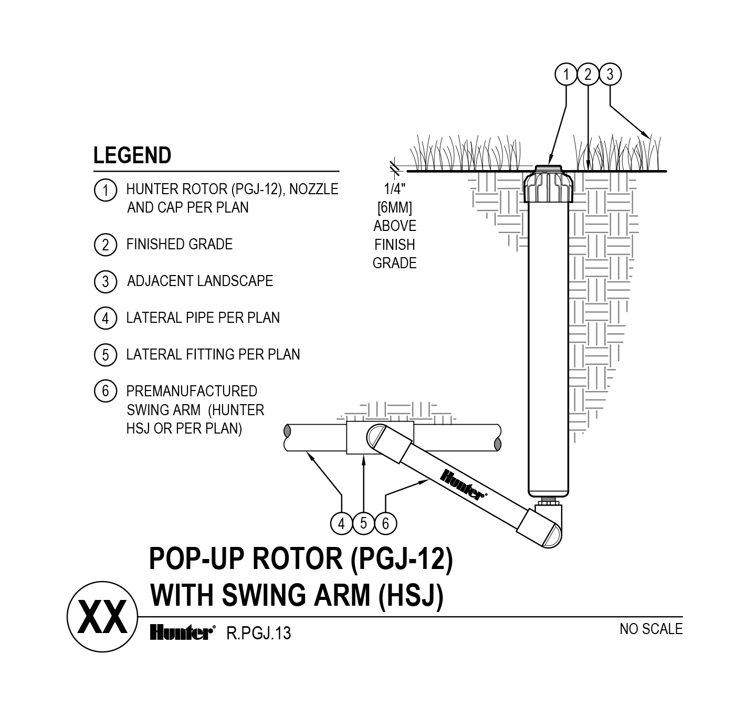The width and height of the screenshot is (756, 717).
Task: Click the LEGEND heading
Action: click(x=132, y=155)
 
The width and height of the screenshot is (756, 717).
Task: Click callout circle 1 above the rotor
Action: click(x=565, y=75)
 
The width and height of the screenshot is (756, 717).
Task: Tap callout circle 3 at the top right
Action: click(x=610, y=75)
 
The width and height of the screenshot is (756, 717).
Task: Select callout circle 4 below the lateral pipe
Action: click(x=342, y=523)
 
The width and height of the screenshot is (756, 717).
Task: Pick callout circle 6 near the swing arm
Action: click(x=385, y=523)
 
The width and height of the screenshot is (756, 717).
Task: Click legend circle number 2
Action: click(x=105, y=245)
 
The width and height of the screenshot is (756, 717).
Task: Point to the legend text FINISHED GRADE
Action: click(x=179, y=245)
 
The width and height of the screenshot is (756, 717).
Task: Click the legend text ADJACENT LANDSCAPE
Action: click(x=199, y=281)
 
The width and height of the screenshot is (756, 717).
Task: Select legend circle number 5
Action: click(x=105, y=355)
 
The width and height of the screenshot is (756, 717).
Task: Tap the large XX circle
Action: click(x=103, y=617)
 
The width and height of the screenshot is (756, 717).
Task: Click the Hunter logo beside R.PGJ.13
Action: click(x=182, y=633)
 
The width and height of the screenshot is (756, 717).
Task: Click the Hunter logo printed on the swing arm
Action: click(x=462, y=484)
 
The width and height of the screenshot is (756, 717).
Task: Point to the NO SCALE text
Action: click(x=650, y=629)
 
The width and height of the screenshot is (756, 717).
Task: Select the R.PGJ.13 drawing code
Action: click(x=258, y=634)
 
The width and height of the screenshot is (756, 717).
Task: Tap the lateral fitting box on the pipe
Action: click(x=362, y=437)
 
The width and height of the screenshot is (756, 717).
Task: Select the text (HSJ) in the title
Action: click(x=411, y=596)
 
